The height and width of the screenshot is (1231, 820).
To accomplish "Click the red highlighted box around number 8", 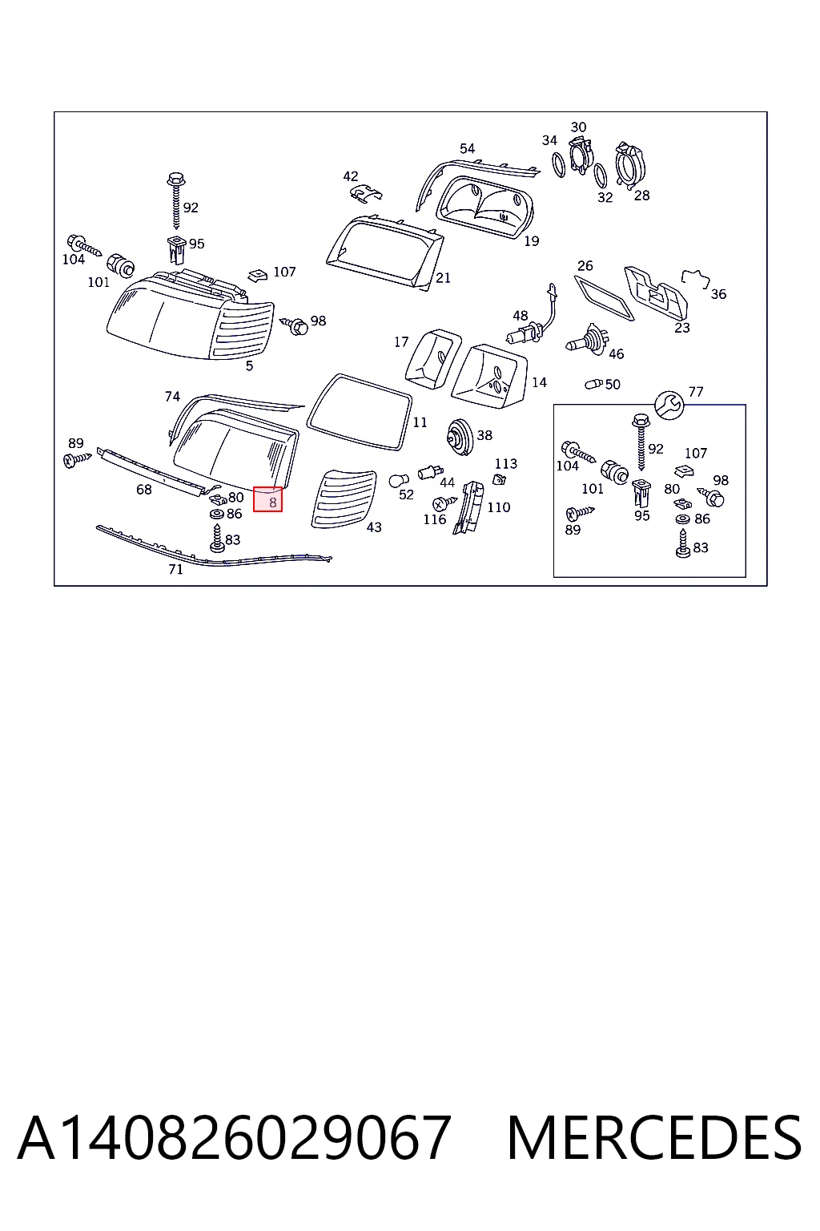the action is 267,499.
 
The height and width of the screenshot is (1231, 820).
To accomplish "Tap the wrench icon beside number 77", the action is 669,406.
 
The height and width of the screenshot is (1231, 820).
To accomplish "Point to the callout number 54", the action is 468,148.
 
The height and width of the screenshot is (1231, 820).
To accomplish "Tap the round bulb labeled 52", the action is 399,482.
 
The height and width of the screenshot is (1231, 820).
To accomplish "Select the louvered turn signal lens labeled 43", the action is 344,499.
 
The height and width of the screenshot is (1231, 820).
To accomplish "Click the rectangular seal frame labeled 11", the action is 359,412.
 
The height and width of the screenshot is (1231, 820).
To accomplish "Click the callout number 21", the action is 443,278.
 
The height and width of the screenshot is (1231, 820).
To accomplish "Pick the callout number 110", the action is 499,507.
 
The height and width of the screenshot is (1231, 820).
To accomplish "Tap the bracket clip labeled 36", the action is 695,278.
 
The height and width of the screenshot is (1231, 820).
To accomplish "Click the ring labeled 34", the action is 559,165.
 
